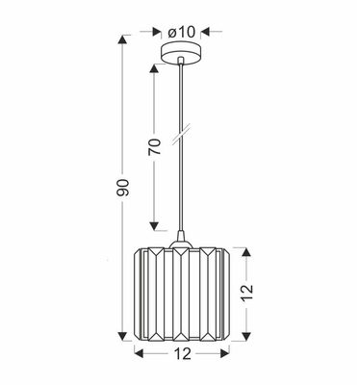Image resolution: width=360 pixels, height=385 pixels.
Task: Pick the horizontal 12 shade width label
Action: coord(184,357)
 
